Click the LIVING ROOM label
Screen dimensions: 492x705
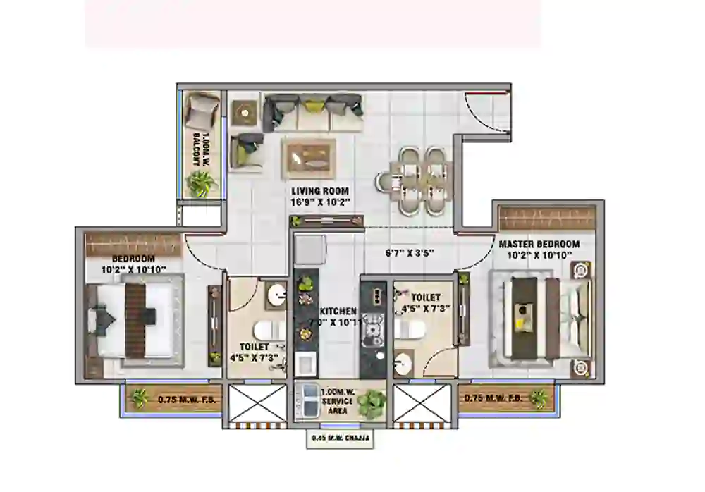coord(321,191)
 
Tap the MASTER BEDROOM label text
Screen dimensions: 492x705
coord(539,244)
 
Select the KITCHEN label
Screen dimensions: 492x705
coord(338,311)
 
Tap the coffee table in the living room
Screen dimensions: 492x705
coord(309,159)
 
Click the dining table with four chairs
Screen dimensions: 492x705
coord(421,180)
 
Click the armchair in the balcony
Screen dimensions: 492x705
coord(201,110)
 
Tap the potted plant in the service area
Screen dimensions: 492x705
coord(369,404)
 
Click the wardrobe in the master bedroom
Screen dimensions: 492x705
coord(547,218)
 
